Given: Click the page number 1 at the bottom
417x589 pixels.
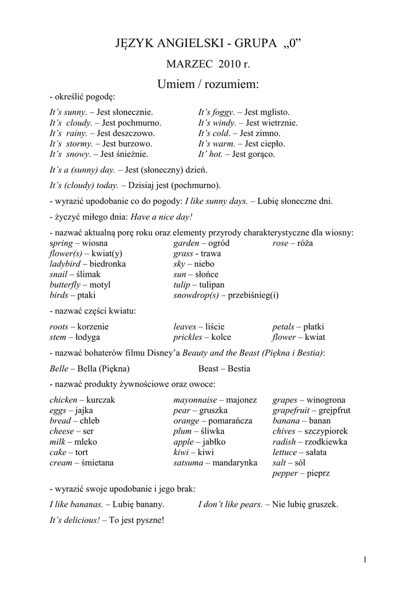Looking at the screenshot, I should [365, 560].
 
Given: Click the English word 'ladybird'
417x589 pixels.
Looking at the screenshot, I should [64, 264].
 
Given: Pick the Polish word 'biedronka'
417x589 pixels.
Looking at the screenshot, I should [108, 264].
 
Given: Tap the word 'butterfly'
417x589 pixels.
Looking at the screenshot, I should [64, 285].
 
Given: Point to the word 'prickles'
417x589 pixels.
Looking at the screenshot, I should [188, 337].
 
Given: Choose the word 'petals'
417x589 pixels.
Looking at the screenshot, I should [284, 327].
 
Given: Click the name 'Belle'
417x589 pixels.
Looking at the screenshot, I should [59, 368].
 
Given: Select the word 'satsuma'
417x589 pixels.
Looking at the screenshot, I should [188, 462].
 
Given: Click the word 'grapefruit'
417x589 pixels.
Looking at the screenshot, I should [291, 410].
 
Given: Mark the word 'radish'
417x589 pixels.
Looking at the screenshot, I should [284, 442].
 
